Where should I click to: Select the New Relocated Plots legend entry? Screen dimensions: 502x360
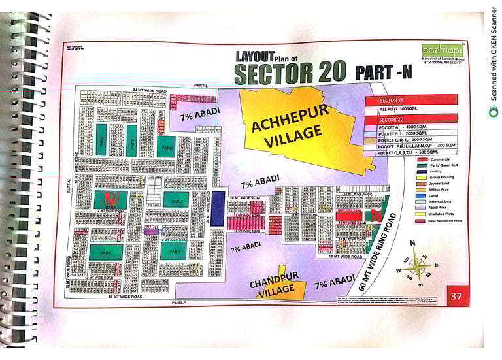(x=445, y=221)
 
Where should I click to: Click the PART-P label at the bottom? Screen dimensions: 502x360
(x=179, y=303)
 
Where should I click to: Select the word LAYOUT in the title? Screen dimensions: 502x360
(x=250, y=57)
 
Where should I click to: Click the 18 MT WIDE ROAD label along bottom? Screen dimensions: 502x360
(x=125, y=296)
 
